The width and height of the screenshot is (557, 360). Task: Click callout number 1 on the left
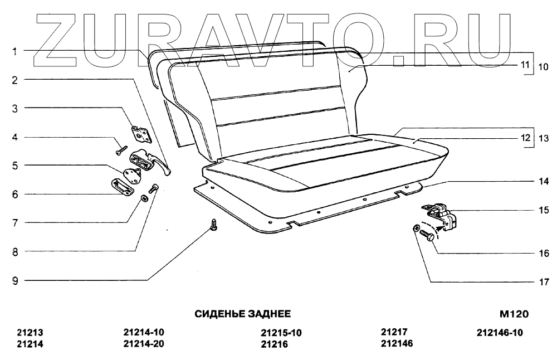(16, 51)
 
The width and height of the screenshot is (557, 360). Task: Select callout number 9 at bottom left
(16, 281)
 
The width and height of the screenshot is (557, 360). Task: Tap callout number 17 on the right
(544, 282)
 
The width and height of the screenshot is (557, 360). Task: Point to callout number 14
(544, 181)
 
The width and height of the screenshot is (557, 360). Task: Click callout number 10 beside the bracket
(543, 66)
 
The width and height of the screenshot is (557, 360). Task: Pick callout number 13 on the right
(543, 138)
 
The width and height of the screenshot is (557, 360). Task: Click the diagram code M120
(514, 314)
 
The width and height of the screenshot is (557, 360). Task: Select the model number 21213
(30, 333)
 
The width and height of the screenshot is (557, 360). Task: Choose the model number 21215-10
(281, 333)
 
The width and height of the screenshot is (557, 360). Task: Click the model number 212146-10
(500, 333)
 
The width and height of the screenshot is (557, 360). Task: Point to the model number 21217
(394, 332)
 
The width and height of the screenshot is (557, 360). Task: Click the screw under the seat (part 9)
(214, 224)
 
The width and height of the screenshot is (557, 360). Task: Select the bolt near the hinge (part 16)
(430, 236)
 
